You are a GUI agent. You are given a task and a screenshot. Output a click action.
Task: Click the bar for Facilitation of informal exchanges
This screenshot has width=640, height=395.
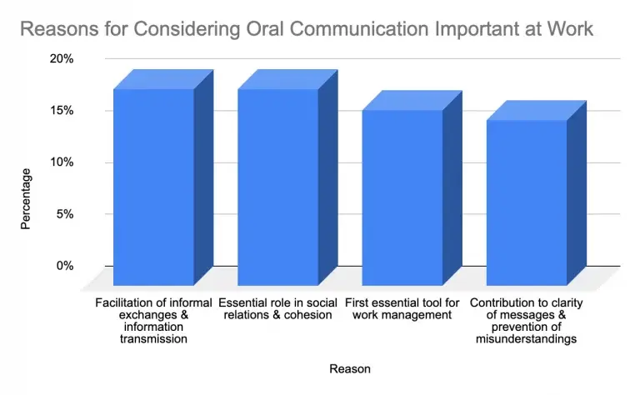pos(153,187)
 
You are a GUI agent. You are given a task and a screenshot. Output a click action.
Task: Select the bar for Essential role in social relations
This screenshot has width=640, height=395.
pos(277,187)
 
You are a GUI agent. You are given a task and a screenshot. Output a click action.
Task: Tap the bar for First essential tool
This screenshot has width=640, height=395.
pos(402,197)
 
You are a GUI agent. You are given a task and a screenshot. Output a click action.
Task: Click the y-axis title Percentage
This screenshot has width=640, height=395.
pos(26,198)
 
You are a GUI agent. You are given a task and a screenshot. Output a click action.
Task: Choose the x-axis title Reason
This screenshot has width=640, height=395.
pos(350,368)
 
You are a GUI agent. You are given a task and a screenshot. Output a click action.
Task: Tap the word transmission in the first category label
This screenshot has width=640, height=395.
pos(152,339)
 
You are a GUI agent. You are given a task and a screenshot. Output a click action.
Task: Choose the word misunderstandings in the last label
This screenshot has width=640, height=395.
pos(526,339)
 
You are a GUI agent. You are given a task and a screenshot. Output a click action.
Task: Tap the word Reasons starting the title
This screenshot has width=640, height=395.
pos(57,30)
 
